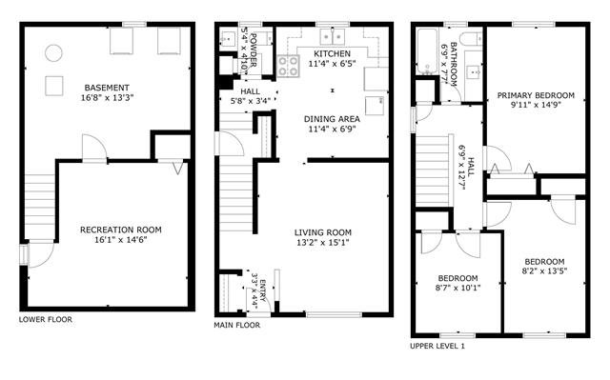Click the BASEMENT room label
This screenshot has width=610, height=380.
[x=107, y=88]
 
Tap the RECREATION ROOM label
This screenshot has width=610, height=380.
[x=121, y=230]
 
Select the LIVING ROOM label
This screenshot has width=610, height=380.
[x=323, y=232]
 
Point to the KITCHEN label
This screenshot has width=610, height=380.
[x=333, y=53]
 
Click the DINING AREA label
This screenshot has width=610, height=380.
[x=332, y=119]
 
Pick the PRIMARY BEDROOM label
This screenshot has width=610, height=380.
[x=536, y=95]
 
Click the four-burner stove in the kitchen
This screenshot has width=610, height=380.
[x=288, y=66]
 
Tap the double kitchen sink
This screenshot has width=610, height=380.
[x=333, y=36]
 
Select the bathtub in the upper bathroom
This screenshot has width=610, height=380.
[x=428, y=51]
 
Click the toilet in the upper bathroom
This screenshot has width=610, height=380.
[x=471, y=39]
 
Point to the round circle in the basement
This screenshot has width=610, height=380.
[x=53, y=52]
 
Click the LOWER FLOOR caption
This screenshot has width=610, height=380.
[x=46, y=319]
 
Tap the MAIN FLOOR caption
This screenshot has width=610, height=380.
[x=237, y=325]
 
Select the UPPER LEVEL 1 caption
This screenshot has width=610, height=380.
[x=437, y=346]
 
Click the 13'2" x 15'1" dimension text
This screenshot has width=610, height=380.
[x=323, y=243]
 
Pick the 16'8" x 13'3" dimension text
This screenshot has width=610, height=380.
[x=107, y=98]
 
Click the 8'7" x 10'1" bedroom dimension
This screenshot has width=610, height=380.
[x=457, y=289]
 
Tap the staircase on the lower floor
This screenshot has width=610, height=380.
[x=40, y=207]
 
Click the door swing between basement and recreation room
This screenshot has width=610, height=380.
[x=94, y=148]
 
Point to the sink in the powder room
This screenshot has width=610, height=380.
[x=227, y=39]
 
